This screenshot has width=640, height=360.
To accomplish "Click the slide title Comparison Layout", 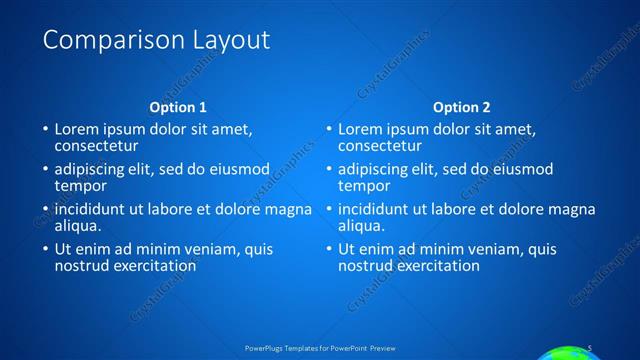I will (156, 40).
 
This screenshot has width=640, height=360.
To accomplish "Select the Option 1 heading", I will (178, 107).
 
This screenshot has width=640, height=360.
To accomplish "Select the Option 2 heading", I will (462, 107).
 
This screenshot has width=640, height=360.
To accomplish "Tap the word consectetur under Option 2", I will (379, 146).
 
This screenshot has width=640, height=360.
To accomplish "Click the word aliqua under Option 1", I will (78, 226).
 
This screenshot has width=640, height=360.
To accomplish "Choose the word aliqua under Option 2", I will (362, 226).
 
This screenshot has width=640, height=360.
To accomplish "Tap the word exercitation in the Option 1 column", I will (153, 266).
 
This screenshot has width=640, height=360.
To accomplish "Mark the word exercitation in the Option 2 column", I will (437, 266).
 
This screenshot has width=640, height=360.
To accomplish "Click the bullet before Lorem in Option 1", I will (44, 130).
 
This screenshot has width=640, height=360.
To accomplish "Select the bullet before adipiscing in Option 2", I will (328, 170).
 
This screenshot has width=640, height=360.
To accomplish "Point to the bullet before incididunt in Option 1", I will (44, 210).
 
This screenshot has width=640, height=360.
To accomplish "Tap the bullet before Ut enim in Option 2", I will (328, 250).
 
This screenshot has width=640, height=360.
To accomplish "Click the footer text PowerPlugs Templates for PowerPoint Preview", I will (320, 348).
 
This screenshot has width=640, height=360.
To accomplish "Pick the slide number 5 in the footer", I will (591, 347).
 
